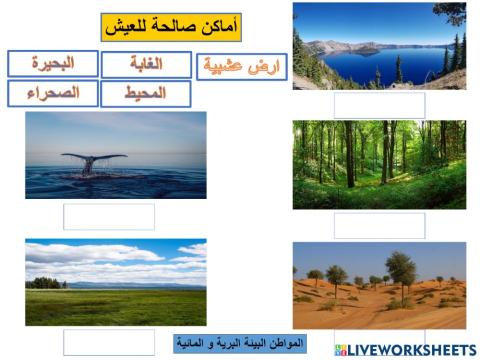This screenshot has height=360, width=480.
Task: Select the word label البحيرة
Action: (53, 64)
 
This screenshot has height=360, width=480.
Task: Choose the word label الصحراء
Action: (53, 94)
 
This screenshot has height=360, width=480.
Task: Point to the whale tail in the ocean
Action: (92, 161)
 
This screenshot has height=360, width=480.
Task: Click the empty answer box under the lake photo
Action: (379, 105)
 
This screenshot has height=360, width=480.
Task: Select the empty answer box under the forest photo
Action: (379, 225)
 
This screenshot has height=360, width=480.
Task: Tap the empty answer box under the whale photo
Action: (109, 216)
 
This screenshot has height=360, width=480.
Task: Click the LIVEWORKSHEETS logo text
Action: (412, 350)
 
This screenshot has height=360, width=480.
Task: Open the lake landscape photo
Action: (379, 45)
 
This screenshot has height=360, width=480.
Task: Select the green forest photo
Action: (379, 164)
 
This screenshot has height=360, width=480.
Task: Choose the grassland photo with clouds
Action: (116, 282)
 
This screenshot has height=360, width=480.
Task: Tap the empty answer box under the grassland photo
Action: (109, 342)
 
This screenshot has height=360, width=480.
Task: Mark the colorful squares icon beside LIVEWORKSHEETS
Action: (341, 350)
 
